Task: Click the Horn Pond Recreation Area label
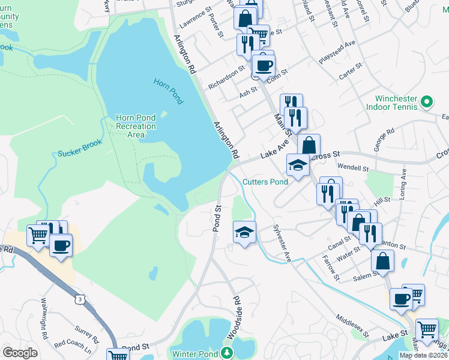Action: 136,127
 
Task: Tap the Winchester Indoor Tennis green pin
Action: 427,102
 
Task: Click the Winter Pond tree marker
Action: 226,352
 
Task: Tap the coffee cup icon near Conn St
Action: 263,65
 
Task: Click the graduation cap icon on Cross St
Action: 298,164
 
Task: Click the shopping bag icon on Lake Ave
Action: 309,146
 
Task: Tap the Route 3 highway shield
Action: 79,299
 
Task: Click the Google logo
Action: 20,353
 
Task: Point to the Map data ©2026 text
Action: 423,355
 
